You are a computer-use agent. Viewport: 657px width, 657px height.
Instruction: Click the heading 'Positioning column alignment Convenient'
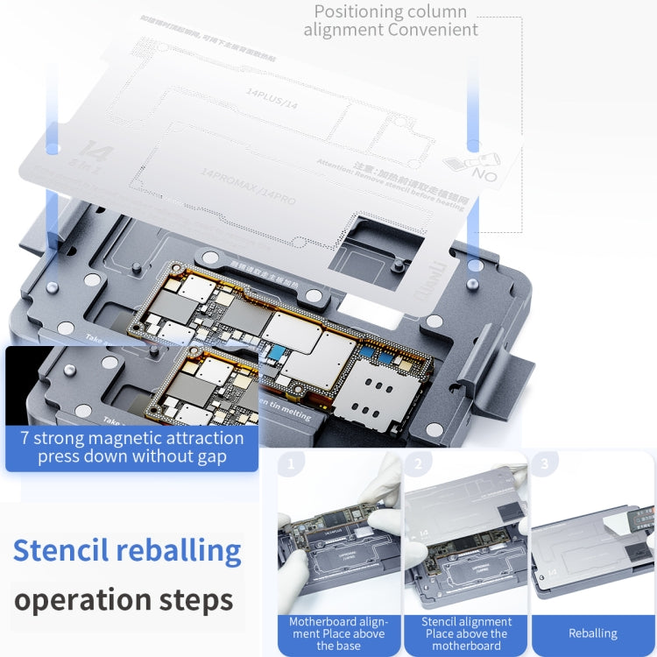click(391, 21)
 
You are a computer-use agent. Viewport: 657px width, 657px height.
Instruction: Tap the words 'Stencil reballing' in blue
click(127, 551)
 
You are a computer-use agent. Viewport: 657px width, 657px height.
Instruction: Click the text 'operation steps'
click(124, 600)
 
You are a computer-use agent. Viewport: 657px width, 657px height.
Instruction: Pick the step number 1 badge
click(291, 463)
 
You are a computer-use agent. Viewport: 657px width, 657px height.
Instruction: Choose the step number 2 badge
click(418, 463)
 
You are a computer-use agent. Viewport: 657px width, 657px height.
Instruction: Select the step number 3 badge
click(545, 463)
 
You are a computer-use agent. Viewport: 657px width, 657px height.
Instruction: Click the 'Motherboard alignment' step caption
click(337, 632)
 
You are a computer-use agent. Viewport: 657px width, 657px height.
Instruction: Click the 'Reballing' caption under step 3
click(592, 632)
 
